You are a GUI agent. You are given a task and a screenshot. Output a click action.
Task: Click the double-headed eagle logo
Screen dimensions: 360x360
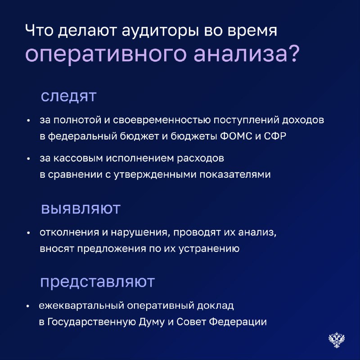(337, 340)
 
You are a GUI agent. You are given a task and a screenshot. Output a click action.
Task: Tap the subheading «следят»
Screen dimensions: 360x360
(68, 96)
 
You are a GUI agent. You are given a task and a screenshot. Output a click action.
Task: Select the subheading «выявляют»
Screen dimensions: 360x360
(81, 208)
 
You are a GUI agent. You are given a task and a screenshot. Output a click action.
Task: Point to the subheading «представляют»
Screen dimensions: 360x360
(97, 282)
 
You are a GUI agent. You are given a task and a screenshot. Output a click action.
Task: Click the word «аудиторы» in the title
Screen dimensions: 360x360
(160, 31)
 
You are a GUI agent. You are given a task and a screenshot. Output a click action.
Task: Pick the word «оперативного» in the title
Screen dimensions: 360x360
(105, 54)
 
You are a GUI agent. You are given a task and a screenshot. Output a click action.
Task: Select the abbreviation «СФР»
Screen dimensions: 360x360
(275, 136)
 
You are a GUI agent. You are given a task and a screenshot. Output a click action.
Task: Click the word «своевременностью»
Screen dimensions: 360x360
(162, 120)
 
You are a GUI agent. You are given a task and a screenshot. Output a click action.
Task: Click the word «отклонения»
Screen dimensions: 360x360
(69, 233)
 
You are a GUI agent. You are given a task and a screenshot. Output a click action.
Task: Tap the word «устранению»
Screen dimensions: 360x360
(209, 249)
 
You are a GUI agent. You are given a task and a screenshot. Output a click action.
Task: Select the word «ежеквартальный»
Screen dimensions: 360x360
(81, 306)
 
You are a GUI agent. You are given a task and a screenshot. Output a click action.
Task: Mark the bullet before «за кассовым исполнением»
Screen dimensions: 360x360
(28, 159)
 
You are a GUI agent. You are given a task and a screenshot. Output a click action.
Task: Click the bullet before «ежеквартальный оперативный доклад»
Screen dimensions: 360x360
(28, 306)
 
